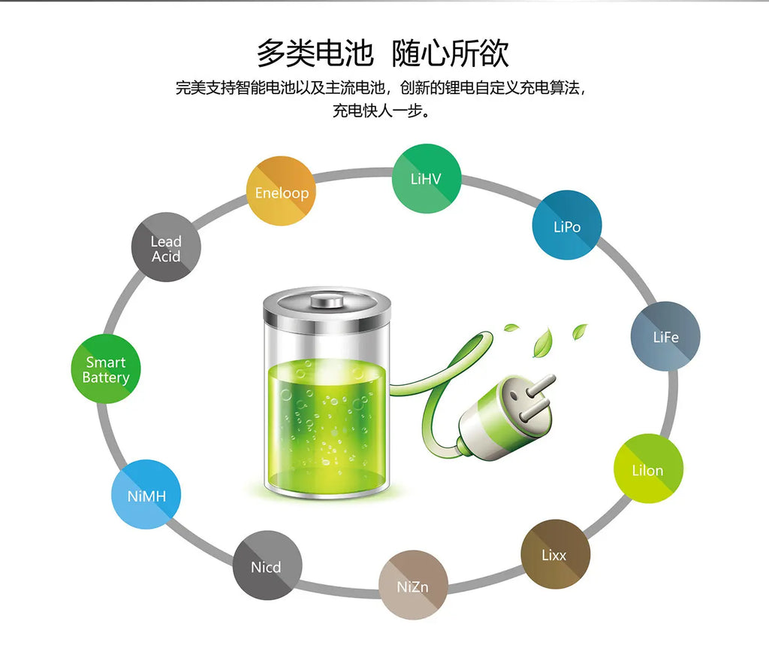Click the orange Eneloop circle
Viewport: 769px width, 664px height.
click(281, 191)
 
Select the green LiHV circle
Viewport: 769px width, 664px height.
click(427, 178)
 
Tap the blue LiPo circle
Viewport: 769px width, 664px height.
click(567, 225)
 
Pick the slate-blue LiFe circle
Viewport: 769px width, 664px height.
click(665, 336)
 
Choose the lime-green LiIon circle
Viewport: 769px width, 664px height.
click(648, 468)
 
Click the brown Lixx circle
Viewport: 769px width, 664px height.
click(555, 554)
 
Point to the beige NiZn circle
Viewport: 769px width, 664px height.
click(413, 585)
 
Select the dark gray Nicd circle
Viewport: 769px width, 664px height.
click(267, 565)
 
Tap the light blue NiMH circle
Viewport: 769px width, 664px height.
click(146, 495)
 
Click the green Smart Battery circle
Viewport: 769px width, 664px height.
click(106, 368)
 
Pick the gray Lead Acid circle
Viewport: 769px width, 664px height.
click(166, 247)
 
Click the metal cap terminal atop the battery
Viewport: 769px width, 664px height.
click(327, 300)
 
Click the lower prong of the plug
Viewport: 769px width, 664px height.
click(534, 411)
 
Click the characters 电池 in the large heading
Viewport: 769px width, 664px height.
click(344, 53)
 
